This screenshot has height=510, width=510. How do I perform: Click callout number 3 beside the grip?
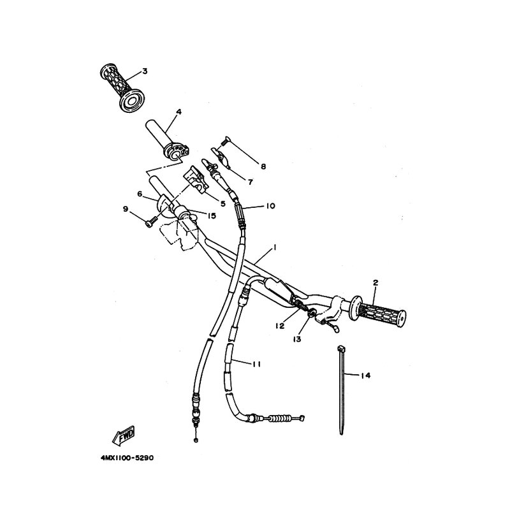tap(145, 71)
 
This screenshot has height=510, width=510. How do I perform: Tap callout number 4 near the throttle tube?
tap(178, 112)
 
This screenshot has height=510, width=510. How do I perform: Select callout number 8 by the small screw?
tap(263, 166)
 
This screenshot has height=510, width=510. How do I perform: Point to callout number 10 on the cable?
tap(270, 206)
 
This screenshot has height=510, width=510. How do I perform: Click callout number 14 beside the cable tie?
tap(365, 375)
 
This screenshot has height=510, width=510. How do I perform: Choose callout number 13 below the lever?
tap(297, 339)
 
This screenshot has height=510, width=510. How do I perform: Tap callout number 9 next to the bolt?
tap(126, 209)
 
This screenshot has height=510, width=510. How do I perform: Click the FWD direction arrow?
tap(124, 435)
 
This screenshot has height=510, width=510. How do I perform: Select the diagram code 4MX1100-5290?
tap(127, 458)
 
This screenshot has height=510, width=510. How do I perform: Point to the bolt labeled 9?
tap(150, 222)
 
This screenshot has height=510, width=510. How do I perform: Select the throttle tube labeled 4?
tap(168, 140)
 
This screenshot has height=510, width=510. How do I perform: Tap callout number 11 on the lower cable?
tap(257, 365)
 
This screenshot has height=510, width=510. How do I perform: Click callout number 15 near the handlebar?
tap(212, 215)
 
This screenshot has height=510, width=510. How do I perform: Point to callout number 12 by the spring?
tap(280, 326)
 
